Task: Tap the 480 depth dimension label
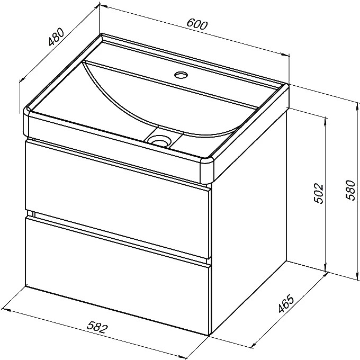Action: pyautogui.click(x=56, y=37)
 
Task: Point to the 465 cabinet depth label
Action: pyautogui.click(x=285, y=303)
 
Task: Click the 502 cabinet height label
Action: pyautogui.click(x=319, y=193)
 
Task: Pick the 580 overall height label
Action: pyautogui.click(x=350, y=191)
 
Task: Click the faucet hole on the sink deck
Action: pyautogui.click(x=181, y=75)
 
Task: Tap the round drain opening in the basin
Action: pyautogui.click(x=159, y=140)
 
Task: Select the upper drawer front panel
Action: pyautogui.click(x=118, y=199)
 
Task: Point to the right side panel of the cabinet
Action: pyautogui.click(x=249, y=255)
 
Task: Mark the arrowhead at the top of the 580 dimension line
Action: pyautogui.click(x=357, y=106)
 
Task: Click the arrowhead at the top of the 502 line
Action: pyautogui.click(x=326, y=120)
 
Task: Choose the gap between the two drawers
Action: pyautogui.click(x=118, y=237)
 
